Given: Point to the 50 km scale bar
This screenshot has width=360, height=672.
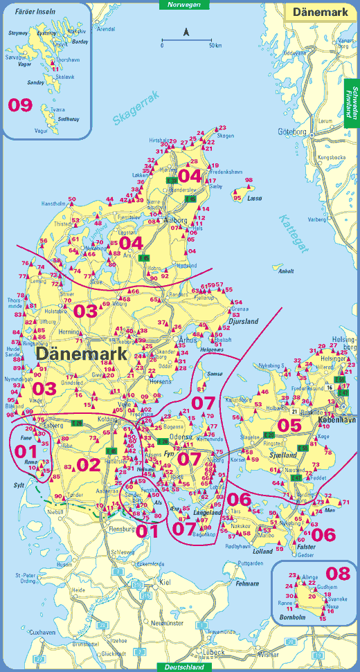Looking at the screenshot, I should click(x=186, y=41).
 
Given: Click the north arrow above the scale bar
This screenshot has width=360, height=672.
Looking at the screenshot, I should click(x=186, y=32).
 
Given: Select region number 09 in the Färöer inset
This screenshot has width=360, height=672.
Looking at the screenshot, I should click(x=20, y=105).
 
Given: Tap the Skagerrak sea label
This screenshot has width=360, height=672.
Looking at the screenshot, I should click(x=136, y=108).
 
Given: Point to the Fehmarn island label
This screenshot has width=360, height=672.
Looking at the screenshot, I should click(x=247, y=583).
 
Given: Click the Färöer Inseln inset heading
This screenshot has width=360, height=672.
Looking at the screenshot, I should click(x=30, y=12).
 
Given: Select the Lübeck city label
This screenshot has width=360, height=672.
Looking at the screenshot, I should click(x=215, y=652).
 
